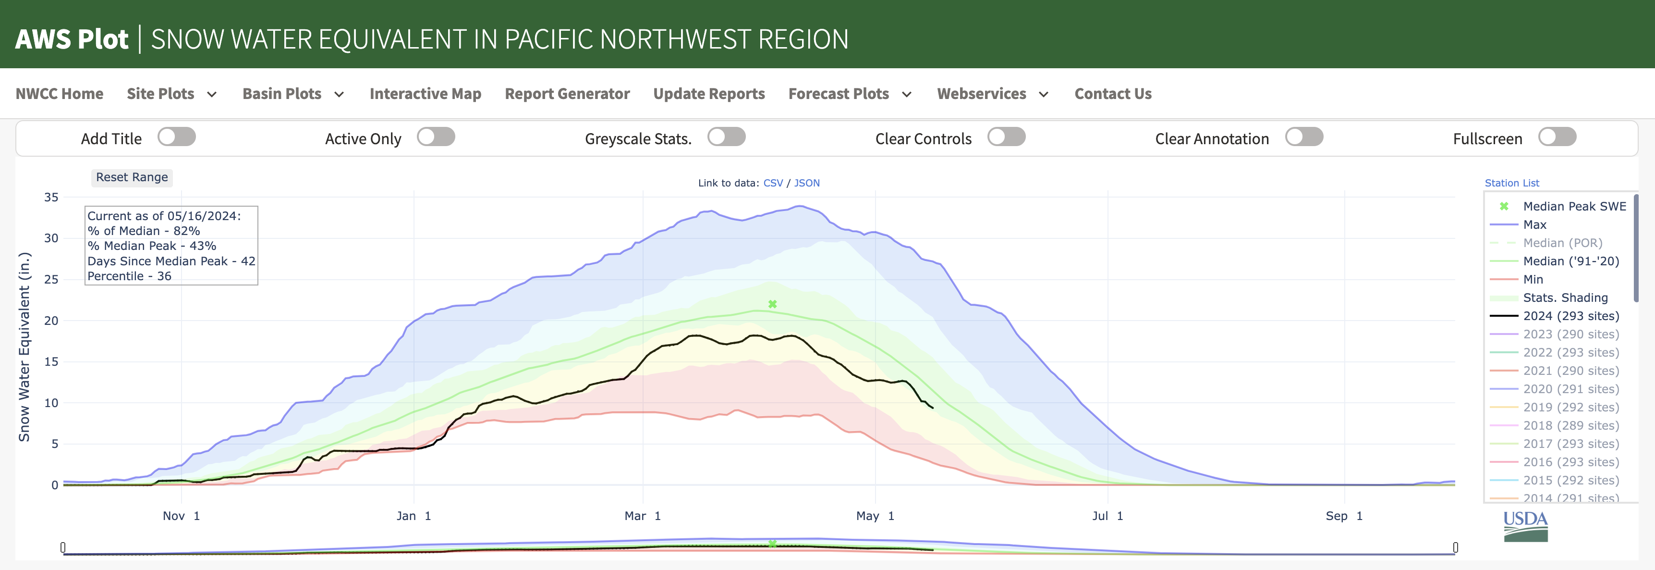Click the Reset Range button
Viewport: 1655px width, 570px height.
click(132, 177)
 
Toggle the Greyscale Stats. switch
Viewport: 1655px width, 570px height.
click(726, 137)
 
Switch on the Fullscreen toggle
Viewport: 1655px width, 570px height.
click(1557, 137)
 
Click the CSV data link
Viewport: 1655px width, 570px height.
click(773, 183)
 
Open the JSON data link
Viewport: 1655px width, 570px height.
click(806, 183)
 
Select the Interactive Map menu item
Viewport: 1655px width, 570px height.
click(426, 94)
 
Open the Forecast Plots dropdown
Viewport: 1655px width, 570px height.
click(849, 94)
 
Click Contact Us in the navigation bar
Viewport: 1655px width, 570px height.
click(1113, 94)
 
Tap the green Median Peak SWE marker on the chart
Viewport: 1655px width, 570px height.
click(772, 304)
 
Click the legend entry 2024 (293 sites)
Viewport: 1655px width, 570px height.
click(1570, 316)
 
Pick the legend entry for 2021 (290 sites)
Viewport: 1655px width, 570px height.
click(1570, 371)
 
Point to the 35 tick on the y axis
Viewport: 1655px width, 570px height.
click(51, 197)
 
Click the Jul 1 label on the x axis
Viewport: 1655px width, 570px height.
click(1107, 516)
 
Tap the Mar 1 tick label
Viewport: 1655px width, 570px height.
click(643, 516)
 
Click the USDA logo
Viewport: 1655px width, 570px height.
click(1525, 526)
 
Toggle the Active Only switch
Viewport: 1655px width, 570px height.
click(436, 137)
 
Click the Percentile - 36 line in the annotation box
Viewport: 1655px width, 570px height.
click(129, 276)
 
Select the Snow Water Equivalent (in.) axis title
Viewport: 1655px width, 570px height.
click(24, 347)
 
